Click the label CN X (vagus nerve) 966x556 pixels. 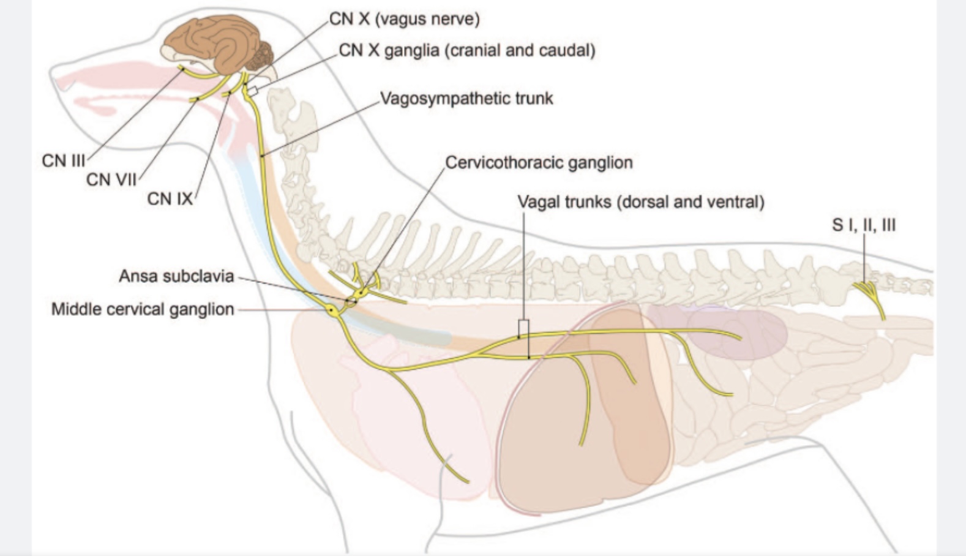[405, 20]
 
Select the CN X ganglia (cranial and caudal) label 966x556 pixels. [467, 50]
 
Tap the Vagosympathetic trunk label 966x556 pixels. [466, 99]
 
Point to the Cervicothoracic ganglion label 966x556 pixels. [539, 163]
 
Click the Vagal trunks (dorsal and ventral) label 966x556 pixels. [641, 202]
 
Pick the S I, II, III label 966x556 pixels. [864, 225]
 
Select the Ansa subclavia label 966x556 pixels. [176, 277]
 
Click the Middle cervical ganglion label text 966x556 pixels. [143, 310]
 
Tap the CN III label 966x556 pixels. [64, 161]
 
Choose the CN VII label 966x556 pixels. [111, 180]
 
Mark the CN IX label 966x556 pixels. [170, 199]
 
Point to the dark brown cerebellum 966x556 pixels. [261, 56]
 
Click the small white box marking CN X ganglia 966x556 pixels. [253, 91]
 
